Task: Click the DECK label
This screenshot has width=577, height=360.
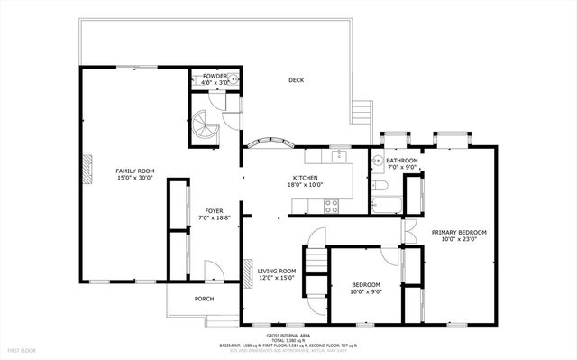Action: (x=296, y=80)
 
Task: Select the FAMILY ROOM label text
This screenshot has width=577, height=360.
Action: (x=134, y=171)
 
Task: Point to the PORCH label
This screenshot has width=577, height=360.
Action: (x=205, y=300)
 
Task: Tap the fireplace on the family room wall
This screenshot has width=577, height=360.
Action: (x=88, y=169)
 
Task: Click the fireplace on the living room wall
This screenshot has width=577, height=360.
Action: (x=246, y=272)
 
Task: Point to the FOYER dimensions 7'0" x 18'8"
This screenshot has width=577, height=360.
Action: (x=214, y=217)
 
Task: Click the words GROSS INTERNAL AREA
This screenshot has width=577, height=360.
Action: (x=288, y=334)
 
